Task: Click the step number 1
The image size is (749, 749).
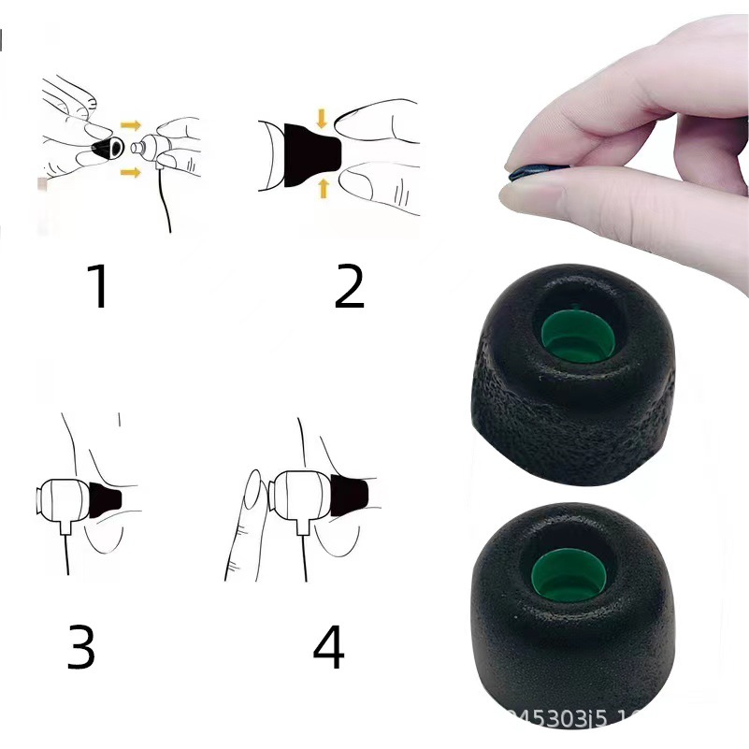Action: tap(99, 286)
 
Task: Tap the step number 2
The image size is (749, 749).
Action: tap(349, 286)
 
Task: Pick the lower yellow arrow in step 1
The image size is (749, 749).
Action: tap(132, 171)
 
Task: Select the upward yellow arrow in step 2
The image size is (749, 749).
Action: tap(324, 189)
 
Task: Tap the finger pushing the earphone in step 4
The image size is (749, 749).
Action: tap(248, 524)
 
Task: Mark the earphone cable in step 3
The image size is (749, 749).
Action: tap(68, 556)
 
